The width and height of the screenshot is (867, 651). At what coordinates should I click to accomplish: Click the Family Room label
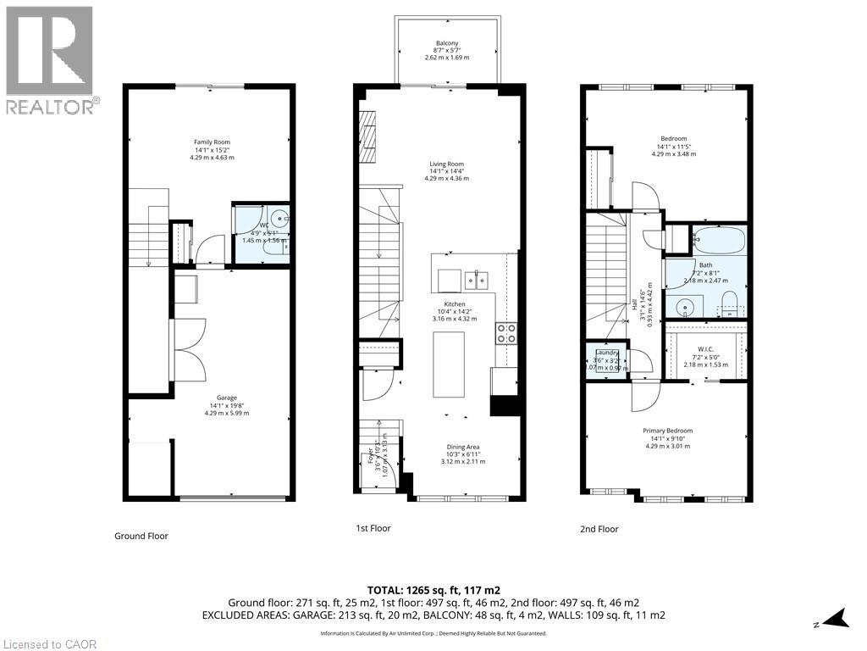click(212, 142)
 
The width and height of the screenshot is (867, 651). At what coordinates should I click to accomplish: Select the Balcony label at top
click(447, 43)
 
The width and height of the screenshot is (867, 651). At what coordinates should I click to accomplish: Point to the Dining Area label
click(463, 447)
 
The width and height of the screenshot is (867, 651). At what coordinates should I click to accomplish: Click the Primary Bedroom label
click(668, 431)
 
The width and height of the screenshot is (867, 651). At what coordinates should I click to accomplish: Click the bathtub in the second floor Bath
click(718, 241)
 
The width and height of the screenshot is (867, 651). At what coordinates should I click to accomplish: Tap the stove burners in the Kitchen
click(506, 333)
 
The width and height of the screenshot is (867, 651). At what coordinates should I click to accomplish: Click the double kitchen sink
click(474, 276)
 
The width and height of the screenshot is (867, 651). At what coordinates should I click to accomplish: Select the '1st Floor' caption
click(373, 528)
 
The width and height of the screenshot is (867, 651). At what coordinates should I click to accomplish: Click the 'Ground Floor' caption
click(141, 536)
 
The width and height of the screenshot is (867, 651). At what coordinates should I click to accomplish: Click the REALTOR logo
click(50, 59)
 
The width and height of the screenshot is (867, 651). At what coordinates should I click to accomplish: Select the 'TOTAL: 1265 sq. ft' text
click(433, 589)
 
